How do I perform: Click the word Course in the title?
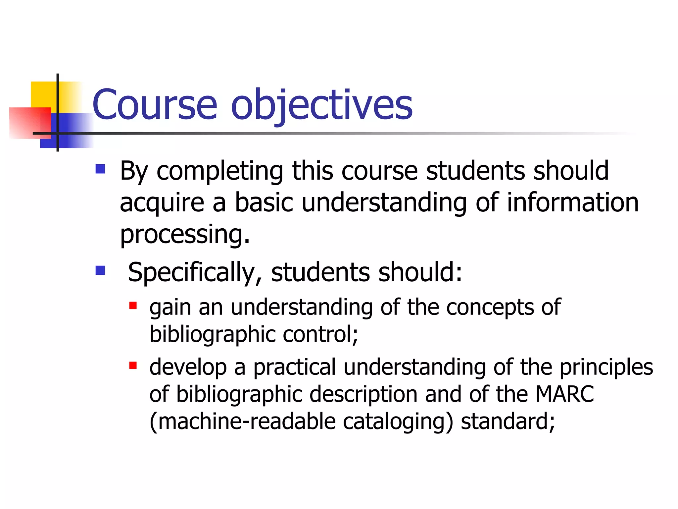155,105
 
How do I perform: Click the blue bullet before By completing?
100,169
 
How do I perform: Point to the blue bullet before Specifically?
100,270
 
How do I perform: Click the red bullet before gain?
133,305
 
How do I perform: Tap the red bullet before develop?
133,366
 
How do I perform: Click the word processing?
185,235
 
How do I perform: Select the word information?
573,202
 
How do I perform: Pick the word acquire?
162,203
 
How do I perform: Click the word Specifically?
195,273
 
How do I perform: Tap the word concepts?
490,308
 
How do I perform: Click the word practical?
295,368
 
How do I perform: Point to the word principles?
606,368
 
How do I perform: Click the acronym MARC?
564,394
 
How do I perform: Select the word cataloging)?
398,422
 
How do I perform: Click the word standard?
508,422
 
